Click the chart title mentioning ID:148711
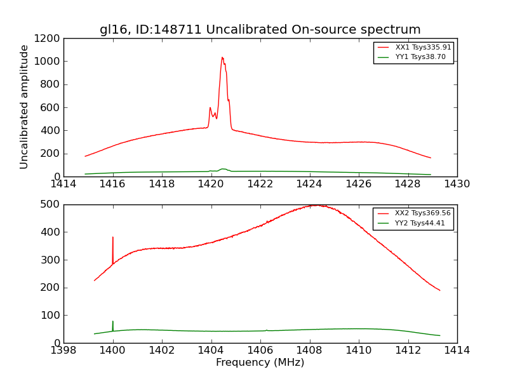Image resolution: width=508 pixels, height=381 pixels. click(x=260, y=30)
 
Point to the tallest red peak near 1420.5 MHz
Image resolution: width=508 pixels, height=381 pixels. click(x=222, y=58)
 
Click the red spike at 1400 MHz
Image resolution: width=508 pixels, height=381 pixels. click(x=113, y=238)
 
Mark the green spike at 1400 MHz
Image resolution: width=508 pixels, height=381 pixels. click(x=113, y=322)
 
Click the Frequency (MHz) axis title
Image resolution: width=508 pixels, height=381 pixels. click(x=260, y=363)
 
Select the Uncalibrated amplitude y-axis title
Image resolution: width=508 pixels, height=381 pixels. click(x=25, y=107)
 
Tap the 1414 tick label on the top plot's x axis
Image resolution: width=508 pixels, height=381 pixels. click(x=63, y=184)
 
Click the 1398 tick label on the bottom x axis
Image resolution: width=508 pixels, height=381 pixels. click(x=63, y=351)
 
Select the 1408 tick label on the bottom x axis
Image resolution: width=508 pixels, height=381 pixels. click(x=309, y=351)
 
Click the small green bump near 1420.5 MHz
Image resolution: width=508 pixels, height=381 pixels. click(x=223, y=169)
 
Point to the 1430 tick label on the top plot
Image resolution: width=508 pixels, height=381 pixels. click(x=457, y=184)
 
